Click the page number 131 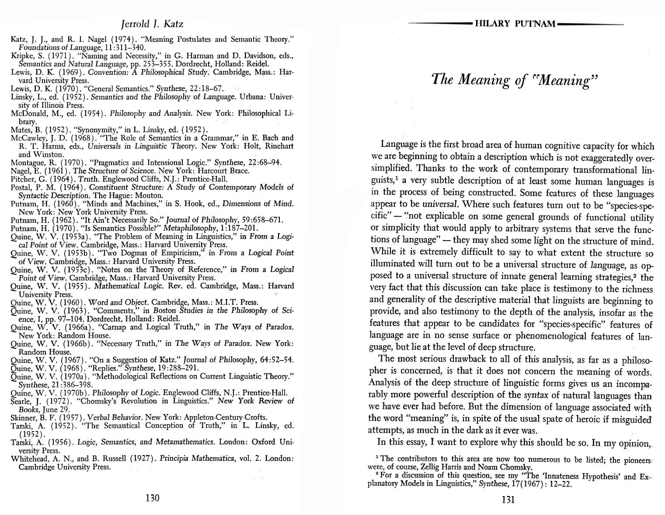coord(508,500)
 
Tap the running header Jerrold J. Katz coord(152,24)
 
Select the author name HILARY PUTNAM coord(515,24)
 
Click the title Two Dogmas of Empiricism coord(150,253)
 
